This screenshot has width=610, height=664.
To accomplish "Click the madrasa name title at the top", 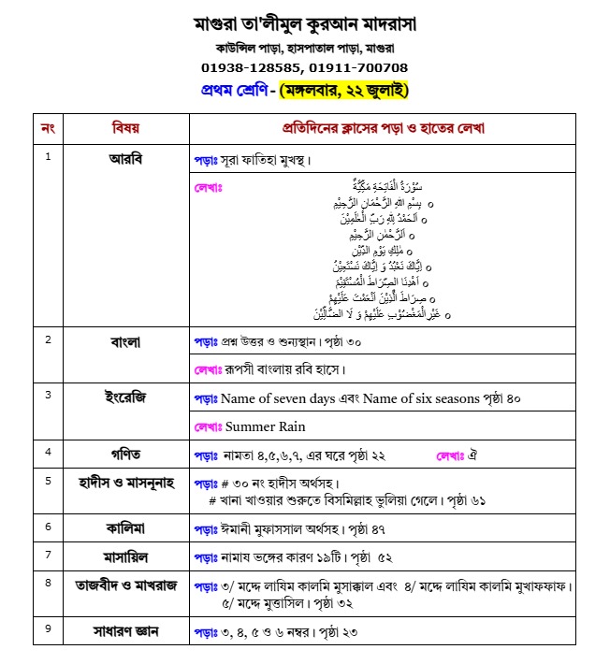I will point(304,22).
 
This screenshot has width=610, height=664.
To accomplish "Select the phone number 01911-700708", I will point(357,67).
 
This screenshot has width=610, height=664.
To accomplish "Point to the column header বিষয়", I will point(125,127).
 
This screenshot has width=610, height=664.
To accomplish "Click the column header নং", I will point(48,127).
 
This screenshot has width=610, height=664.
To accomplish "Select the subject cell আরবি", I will point(125,158).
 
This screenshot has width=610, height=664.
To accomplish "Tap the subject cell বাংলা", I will point(125,342).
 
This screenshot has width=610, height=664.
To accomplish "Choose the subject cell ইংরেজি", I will point(125,397).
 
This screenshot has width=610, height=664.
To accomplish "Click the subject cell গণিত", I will point(125,455).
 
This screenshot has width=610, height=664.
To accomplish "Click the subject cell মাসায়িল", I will point(125,556).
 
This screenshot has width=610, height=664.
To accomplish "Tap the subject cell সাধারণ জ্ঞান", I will point(125,631).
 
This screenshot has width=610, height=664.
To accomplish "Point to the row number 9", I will point(48,628).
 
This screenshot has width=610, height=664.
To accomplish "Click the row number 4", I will point(48,452).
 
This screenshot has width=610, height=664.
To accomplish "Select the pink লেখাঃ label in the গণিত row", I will point(450,455).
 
